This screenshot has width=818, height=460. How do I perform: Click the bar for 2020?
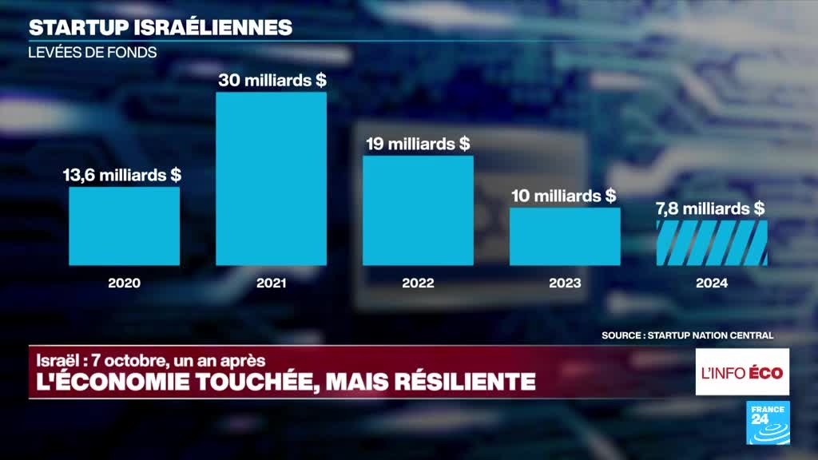(124, 226)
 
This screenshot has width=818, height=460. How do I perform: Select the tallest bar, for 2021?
(272, 179)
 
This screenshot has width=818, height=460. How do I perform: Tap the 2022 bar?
(418, 210)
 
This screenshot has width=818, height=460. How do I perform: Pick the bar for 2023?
(565, 236)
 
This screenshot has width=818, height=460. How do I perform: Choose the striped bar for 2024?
(712, 243)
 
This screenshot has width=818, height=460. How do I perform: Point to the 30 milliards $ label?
(272, 81)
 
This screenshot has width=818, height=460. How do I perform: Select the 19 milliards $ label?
(419, 144)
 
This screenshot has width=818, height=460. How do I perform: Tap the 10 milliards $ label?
(565, 196)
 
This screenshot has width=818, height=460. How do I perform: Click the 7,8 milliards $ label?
(711, 208)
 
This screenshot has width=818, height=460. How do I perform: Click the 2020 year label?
(124, 283)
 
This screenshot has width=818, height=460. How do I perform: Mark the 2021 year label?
(272, 283)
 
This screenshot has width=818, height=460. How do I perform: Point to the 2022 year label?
(418, 283)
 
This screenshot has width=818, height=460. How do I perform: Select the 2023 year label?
(565, 283)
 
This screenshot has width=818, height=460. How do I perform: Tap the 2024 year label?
(712, 283)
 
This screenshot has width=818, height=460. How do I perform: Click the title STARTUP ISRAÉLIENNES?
(160, 27)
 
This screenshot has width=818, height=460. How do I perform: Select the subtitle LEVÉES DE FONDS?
(93, 52)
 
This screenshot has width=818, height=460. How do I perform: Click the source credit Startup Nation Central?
(687, 335)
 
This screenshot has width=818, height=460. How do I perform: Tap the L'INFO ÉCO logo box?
(742, 372)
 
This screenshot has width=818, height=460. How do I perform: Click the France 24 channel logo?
(768, 422)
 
